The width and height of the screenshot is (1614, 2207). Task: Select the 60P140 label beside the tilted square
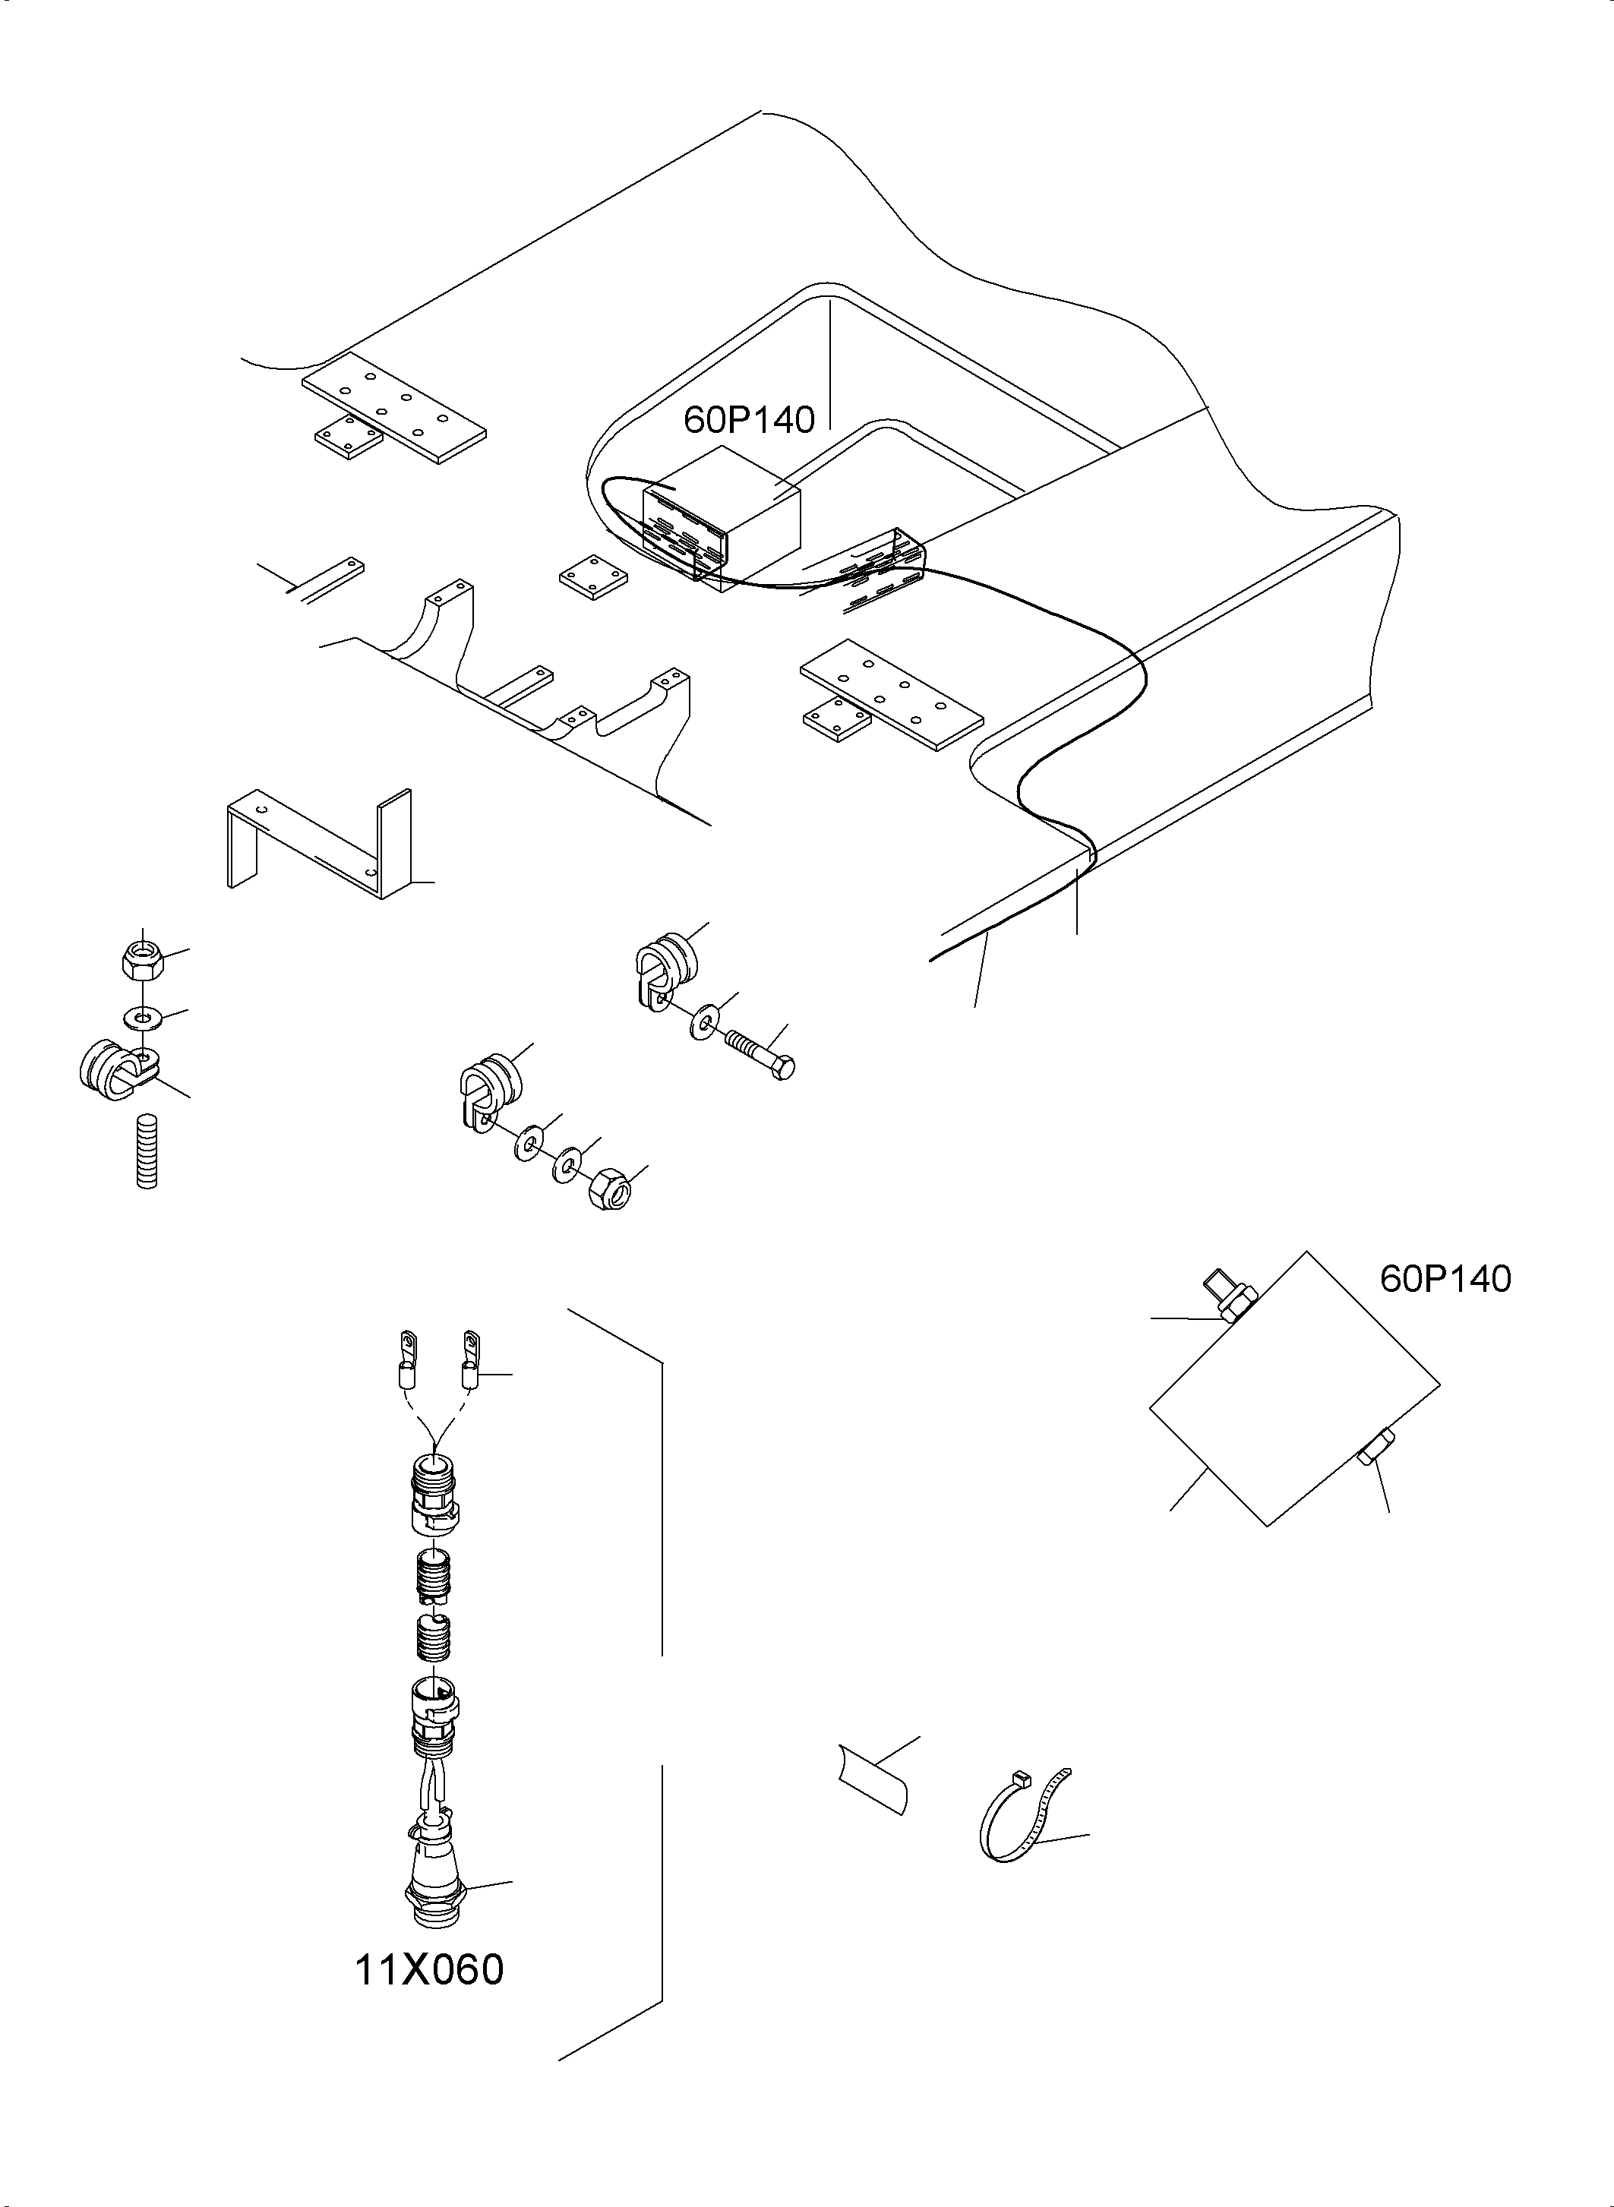[1445, 1278]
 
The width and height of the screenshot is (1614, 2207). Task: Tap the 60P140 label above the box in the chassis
[748, 420]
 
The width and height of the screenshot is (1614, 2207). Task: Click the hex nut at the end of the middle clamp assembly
[611, 1187]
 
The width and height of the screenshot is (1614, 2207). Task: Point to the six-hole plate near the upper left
[393, 403]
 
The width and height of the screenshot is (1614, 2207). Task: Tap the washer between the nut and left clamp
[144, 1018]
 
